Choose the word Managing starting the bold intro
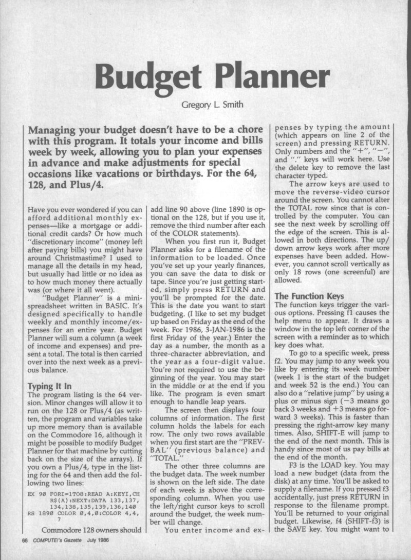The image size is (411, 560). coord(55,130)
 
